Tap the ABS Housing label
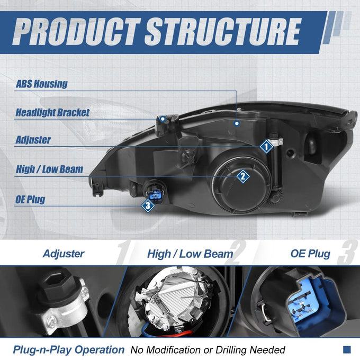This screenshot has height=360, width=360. [x=41, y=84]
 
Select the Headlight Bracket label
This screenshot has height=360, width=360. [x=52, y=112]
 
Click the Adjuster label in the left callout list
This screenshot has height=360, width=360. [x=33, y=140]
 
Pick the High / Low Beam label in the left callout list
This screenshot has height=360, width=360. [x=49, y=169]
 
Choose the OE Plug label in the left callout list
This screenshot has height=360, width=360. [x=30, y=199]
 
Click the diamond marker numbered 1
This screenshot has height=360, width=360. [x=266, y=147]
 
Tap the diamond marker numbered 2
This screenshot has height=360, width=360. [x=243, y=176]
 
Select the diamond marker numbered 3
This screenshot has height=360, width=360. [x=148, y=206]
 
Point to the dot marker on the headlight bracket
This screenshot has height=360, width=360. [x=163, y=119]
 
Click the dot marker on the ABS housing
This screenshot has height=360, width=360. [x=237, y=123]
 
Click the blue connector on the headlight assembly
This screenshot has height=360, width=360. [x=155, y=195]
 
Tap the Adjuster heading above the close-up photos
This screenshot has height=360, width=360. [x=64, y=254]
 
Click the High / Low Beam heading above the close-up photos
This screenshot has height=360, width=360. [x=190, y=254]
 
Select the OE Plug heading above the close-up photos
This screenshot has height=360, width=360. [x=310, y=254]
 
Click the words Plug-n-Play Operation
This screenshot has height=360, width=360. [x=69, y=350]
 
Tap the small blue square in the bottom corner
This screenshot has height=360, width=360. [x=347, y=349]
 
